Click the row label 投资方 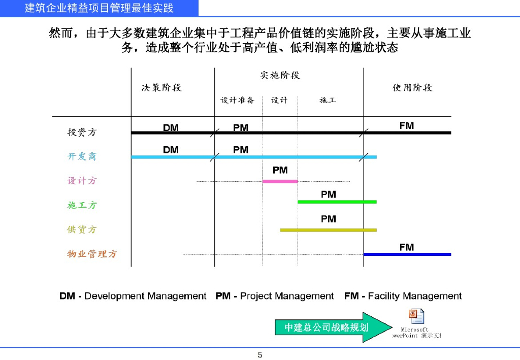(x=82, y=132)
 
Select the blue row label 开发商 (x=82, y=156)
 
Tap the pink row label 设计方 (x=82, y=181)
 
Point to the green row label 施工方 (x=82, y=205)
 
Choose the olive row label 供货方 (x=82, y=230)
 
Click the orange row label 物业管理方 (x=92, y=254)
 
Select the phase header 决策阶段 (x=161, y=87)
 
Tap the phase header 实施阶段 (x=280, y=75)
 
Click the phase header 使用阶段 (x=412, y=87)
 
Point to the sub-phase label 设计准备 (x=237, y=100)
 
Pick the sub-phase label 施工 (x=328, y=100)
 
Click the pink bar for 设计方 (x=280, y=181)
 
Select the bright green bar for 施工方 (x=337, y=202)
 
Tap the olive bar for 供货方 (x=328, y=230)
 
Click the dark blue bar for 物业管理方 (x=407, y=254)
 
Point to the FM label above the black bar (x=406, y=125)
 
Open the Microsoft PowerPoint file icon (x=416, y=317)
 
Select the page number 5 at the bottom (x=260, y=354)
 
